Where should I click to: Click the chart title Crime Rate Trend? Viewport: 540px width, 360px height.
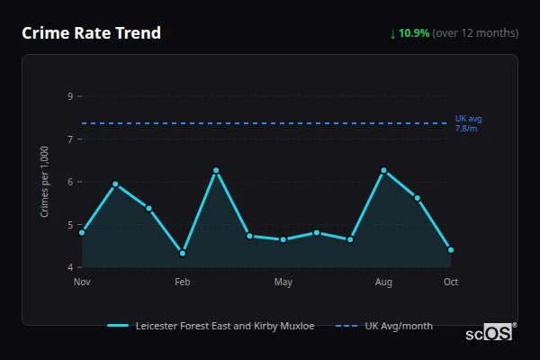91,33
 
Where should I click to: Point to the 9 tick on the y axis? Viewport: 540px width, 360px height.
70,95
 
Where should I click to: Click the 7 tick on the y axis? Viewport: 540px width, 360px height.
70,139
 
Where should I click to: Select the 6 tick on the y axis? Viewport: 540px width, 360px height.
70,182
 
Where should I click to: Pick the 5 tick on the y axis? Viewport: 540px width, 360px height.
70,225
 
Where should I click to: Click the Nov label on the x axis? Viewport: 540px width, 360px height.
82,283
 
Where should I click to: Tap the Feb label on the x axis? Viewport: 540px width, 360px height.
183,283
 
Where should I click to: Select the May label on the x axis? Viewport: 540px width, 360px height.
283,283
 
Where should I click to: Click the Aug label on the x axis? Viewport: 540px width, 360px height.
383,283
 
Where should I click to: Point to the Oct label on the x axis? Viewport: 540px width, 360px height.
451,283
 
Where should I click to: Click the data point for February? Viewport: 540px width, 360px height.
183,253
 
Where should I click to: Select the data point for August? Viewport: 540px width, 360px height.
383,170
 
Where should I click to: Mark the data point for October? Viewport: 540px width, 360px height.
451,250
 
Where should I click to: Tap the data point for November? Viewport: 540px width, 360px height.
82,232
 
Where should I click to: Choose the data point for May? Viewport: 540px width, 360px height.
283,239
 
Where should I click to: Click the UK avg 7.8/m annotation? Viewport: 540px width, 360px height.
468,123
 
